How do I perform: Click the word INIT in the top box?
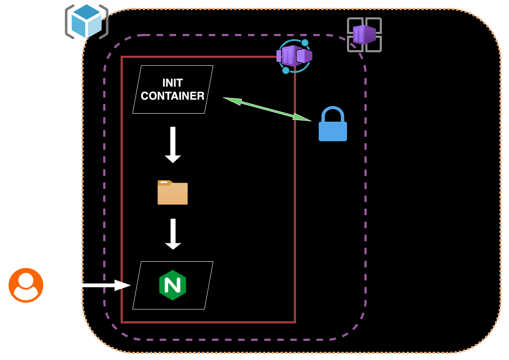click(172, 83)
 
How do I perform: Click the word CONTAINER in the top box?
click(172, 96)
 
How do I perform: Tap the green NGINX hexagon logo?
click(172, 285)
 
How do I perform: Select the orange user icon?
click(26, 285)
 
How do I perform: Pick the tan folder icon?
click(172, 192)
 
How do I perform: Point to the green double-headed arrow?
click(267, 109)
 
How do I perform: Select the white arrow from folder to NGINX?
click(173, 234)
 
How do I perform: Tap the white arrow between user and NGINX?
click(91, 285)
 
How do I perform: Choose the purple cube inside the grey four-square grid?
click(364, 34)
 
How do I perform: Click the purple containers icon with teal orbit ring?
click(294, 56)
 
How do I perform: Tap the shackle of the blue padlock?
click(333, 114)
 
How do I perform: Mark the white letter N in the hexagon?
click(172, 285)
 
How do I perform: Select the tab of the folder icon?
click(165, 182)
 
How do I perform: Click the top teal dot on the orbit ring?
click(305, 43)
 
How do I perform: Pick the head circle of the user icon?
click(26, 279)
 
